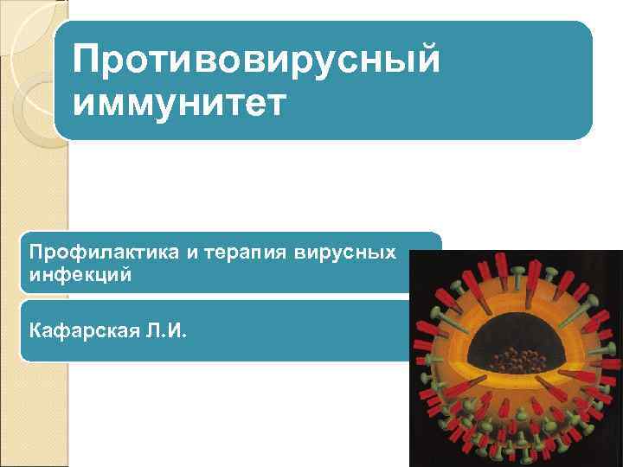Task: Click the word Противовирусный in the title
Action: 257,62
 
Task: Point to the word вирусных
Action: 345,253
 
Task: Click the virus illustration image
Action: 516,358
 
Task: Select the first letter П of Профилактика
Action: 35,253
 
